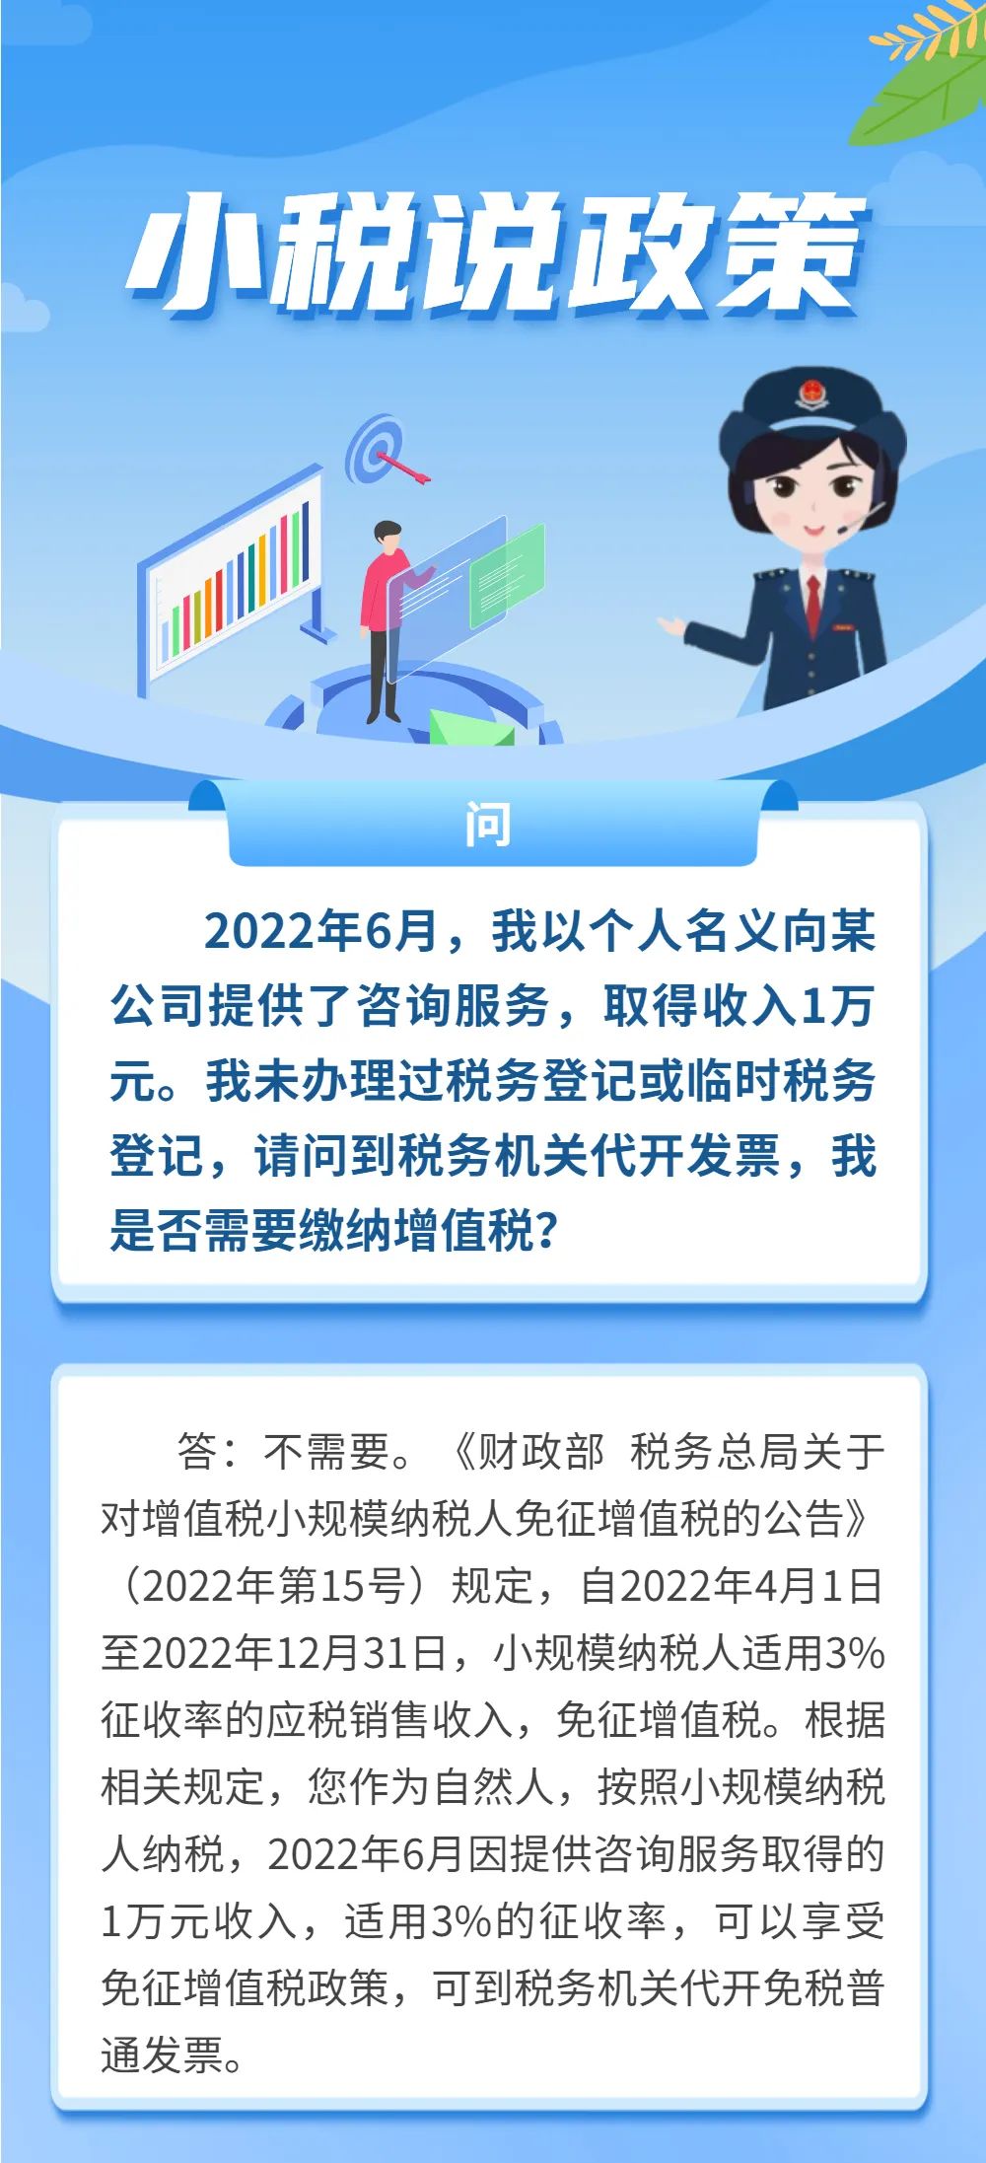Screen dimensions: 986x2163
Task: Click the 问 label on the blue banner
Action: tap(488, 825)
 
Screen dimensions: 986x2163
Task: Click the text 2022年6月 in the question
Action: tap(320, 930)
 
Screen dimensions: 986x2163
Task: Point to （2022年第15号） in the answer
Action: tap(272, 1586)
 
